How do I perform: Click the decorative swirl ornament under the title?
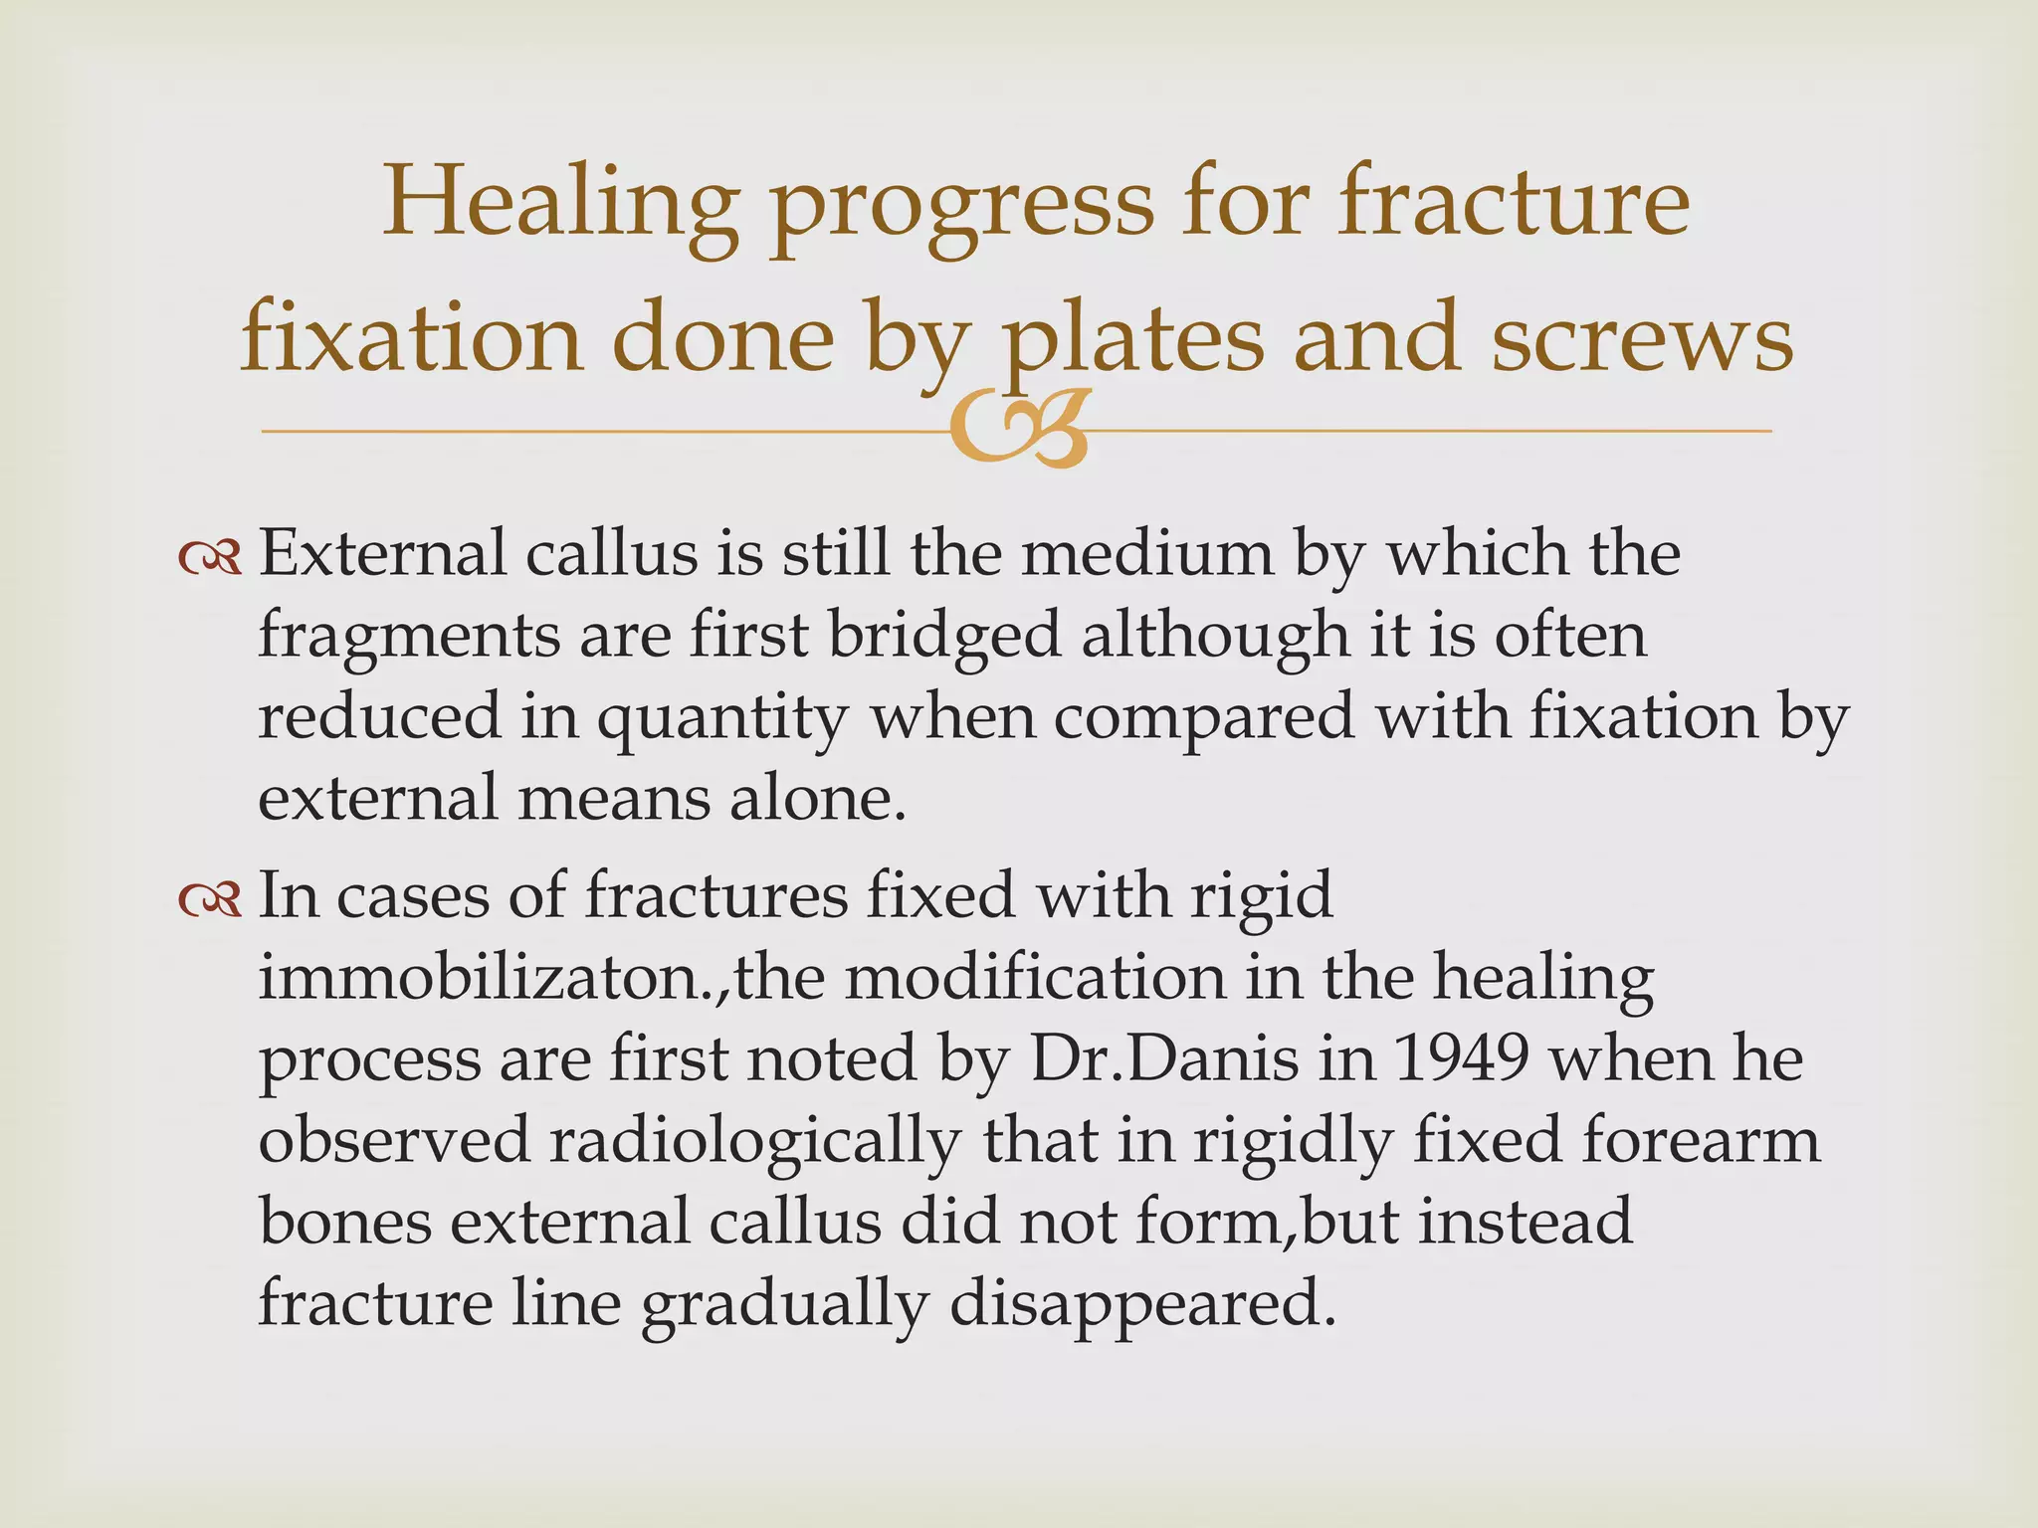coord(1017,431)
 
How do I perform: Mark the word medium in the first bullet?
coord(1147,554)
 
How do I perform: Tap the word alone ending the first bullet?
coord(816,798)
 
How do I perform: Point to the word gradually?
coord(784,1303)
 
